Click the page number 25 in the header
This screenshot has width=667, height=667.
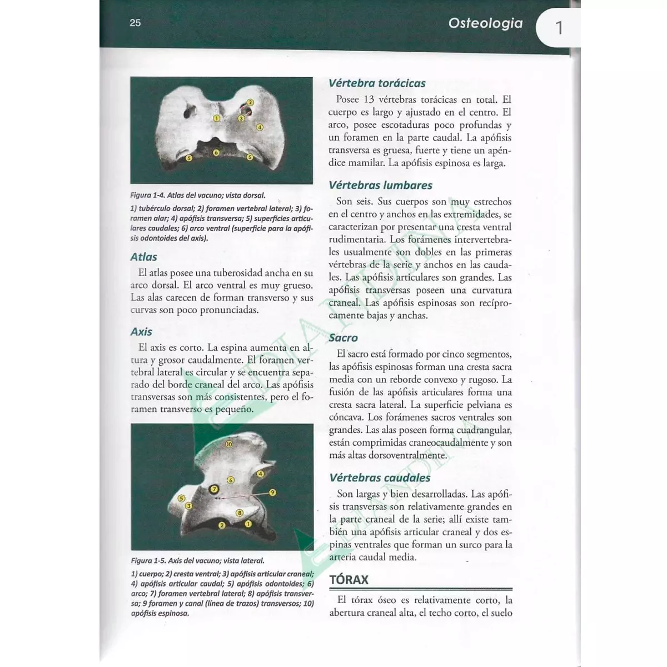tap(135, 23)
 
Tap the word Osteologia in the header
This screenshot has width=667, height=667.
tap(485, 23)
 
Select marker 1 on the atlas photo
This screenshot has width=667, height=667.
tap(217, 118)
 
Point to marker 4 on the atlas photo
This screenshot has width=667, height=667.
tap(259, 127)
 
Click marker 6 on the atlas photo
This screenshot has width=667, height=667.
tap(216, 152)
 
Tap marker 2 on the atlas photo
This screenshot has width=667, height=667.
tap(250, 102)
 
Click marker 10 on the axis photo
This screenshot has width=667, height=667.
tap(229, 444)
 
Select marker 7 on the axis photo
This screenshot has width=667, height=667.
tap(214, 490)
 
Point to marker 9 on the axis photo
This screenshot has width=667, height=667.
tap(272, 492)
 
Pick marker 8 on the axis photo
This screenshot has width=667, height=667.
tap(239, 512)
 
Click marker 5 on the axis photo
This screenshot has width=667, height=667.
tap(181, 499)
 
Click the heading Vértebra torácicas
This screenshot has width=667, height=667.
tap(377, 83)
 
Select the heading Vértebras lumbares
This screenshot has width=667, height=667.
tap(380, 186)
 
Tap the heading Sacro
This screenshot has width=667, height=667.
tap(343, 338)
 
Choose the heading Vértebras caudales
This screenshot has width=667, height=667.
tap(380, 478)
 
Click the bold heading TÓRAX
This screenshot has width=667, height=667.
tap(349, 580)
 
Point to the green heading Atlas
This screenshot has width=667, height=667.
tap(143, 257)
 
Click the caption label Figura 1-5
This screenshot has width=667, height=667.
tap(148, 561)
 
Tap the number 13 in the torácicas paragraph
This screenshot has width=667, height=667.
tap(369, 100)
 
